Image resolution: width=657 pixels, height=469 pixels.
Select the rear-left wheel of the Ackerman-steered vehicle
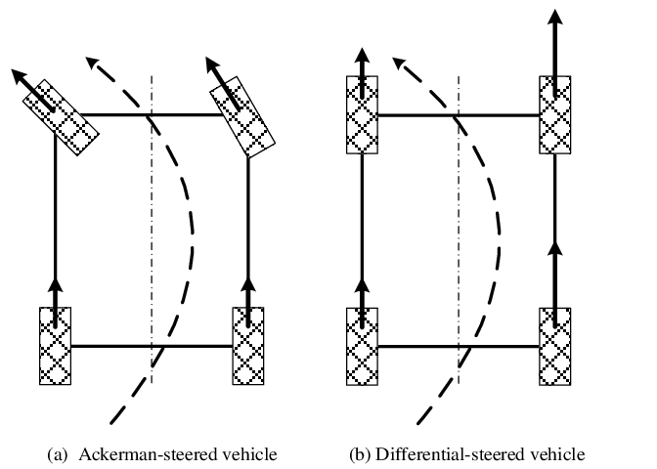pos(56,346)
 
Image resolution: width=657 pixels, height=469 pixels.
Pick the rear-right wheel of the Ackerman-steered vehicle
pos(249,346)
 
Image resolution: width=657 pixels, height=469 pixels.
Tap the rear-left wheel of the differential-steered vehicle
pos(363,346)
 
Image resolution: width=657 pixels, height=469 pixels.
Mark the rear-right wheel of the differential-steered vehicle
pos(555,346)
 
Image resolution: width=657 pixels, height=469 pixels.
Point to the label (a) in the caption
pos(58,454)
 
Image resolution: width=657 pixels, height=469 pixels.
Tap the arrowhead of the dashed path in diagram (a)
pos(94,64)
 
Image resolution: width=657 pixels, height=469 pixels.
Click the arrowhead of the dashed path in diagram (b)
pos(402,64)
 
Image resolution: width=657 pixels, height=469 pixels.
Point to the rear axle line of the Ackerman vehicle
pos(152,346)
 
